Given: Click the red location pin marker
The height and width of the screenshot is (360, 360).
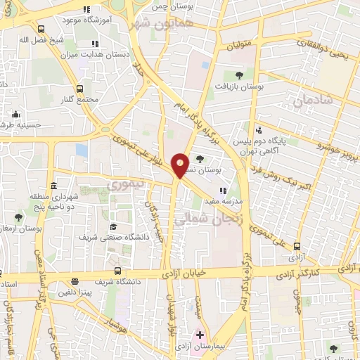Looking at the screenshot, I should coord(180,165).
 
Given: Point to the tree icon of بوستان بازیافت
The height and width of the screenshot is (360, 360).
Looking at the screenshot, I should coord(239,75).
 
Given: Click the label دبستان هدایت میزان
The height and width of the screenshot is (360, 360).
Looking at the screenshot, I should coord(102,54).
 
